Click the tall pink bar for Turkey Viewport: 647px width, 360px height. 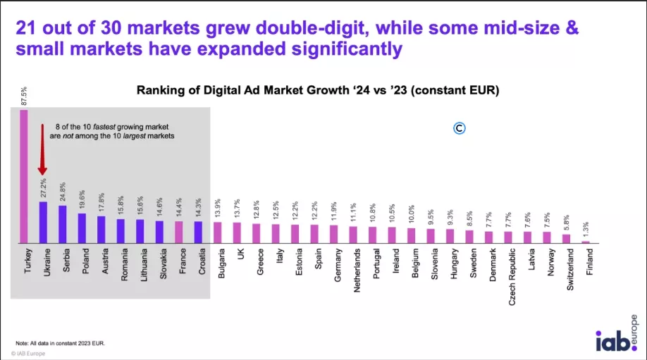click(24, 176)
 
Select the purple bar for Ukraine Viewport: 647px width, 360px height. click(43, 223)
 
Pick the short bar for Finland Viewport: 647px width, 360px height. click(585, 242)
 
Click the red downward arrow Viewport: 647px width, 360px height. click(42, 151)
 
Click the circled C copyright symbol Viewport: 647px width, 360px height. click(459, 128)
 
